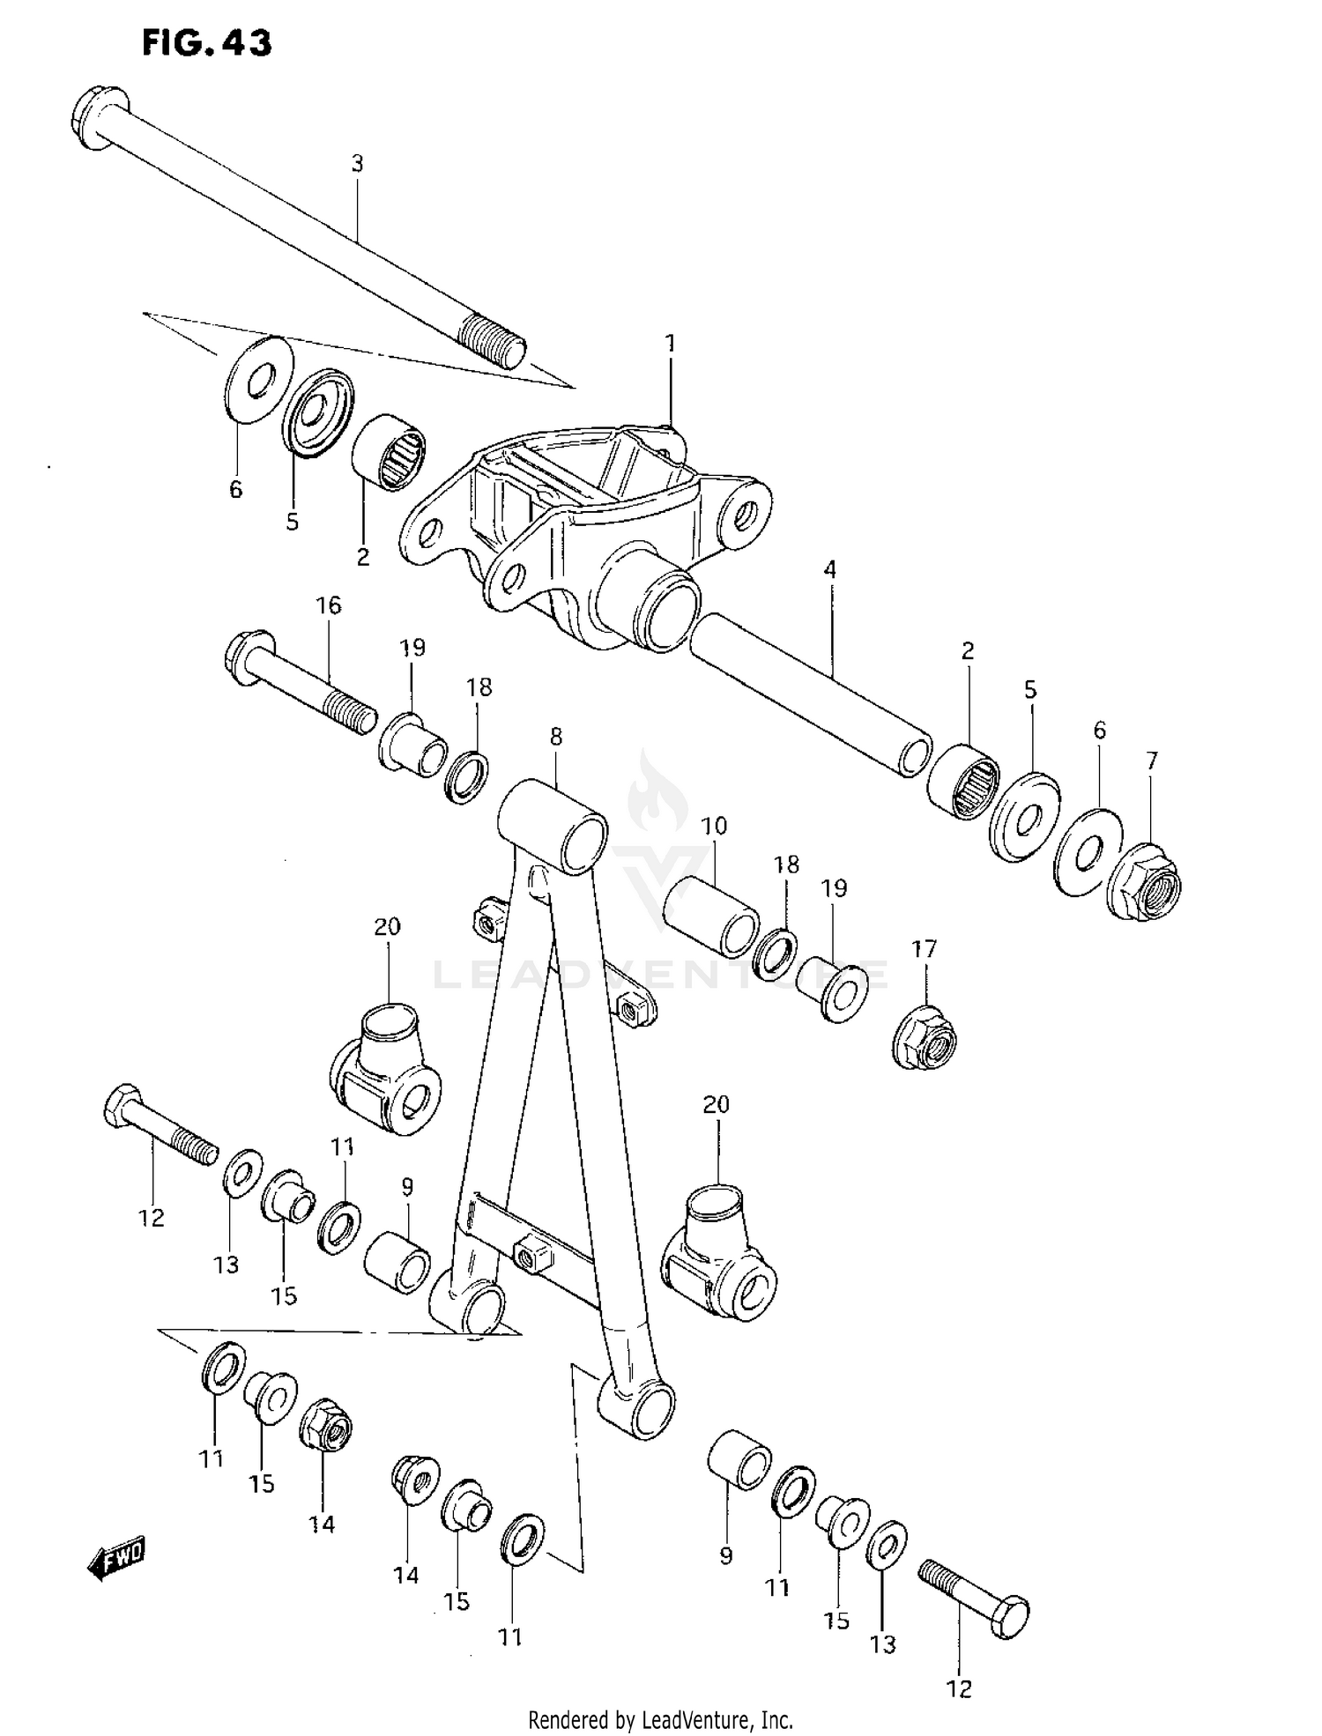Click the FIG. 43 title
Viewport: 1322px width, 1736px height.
click(x=207, y=42)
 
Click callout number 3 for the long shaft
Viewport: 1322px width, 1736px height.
click(x=357, y=164)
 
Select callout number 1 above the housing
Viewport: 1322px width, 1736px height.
click(x=671, y=344)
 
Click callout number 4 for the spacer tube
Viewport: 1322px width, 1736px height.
click(x=829, y=569)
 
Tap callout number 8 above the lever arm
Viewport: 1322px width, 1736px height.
click(x=555, y=737)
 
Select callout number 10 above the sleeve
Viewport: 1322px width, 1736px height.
click(x=714, y=826)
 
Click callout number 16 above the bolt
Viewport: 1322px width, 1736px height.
click(x=328, y=605)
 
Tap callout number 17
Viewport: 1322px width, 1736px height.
click(x=924, y=949)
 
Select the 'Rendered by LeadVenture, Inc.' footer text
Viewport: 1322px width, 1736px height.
click(x=660, y=1719)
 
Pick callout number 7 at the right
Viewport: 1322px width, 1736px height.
click(x=1151, y=760)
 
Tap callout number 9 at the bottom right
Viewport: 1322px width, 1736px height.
click(x=725, y=1556)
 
